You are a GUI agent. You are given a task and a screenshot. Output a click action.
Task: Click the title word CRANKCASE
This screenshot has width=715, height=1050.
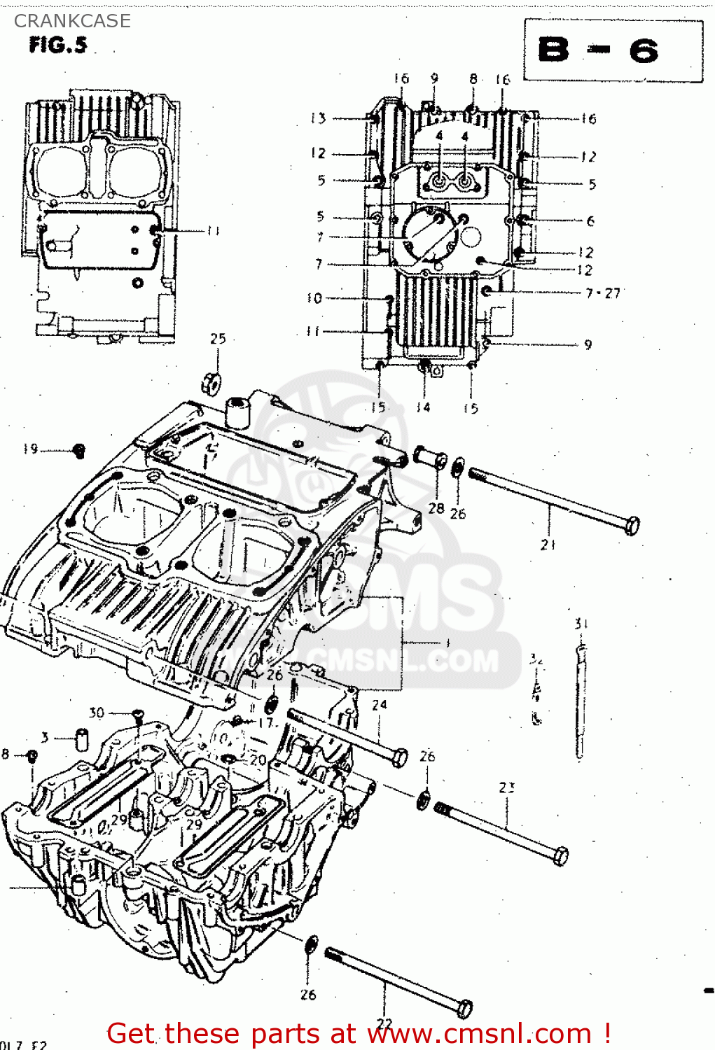pyautogui.click(x=72, y=21)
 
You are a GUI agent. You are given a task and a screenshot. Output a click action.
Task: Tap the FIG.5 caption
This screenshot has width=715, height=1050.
pyautogui.click(x=58, y=45)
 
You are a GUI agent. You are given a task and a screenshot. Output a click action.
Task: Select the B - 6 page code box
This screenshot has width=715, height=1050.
pyautogui.click(x=613, y=51)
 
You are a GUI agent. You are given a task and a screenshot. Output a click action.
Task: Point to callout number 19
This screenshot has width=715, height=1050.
pyautogui.click(x=30, y=449)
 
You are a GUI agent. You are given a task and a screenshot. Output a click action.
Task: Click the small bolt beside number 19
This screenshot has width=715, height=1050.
pyautogui.click(x=79, y=451)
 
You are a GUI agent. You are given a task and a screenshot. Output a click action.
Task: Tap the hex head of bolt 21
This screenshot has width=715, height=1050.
pyautogui.click(x=631, y=526)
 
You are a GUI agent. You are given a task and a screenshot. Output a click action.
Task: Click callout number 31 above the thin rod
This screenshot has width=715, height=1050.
pyautogui.click(x=581, y=623)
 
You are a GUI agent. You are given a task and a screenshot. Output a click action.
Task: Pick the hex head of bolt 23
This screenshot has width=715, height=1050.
pyautogui.click(x=560, y=856)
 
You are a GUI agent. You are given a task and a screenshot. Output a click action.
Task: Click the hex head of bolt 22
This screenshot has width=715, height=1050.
pyautogui.click(x=464, y=1009)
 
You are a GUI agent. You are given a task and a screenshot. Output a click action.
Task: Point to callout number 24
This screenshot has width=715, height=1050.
pyautogui.click(x=379, y=704)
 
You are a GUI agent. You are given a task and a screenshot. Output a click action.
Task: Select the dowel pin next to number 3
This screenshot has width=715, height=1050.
pyautogui.click(x=81, y=738)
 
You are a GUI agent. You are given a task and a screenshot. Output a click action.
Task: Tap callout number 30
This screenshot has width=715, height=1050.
pyautogui.click(x=96, y=713)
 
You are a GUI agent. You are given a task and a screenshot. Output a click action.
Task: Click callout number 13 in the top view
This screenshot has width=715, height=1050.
pyautogui.click(x=319, y=118)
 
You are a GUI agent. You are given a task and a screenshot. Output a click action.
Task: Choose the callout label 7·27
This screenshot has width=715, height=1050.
pyautogui.click(x=603, y=293)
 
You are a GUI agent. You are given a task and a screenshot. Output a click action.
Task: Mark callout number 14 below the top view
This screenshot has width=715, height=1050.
pyautogui.click(x=423, y=407)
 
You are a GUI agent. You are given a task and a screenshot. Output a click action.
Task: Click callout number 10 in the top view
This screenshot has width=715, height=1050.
pyautogui.click(x=314, y=298)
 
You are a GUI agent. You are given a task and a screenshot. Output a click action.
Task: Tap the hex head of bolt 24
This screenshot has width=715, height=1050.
pyautogui.click(x=399, y=757)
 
